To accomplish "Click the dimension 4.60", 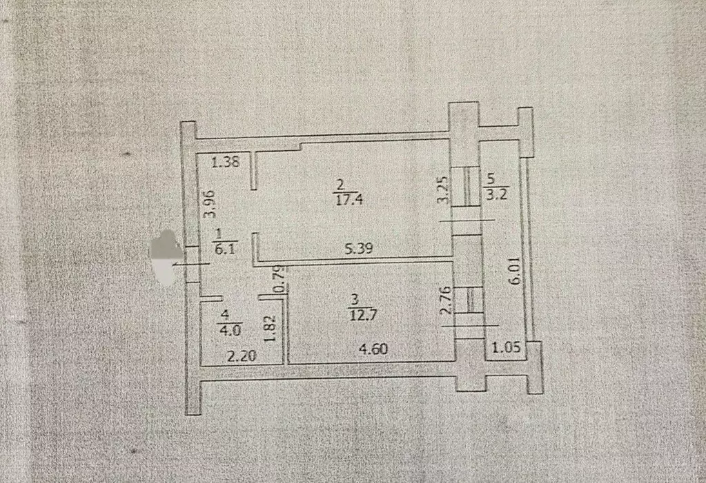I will click(x=372, y=349).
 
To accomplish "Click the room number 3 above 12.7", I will click(x=355, y=300).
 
